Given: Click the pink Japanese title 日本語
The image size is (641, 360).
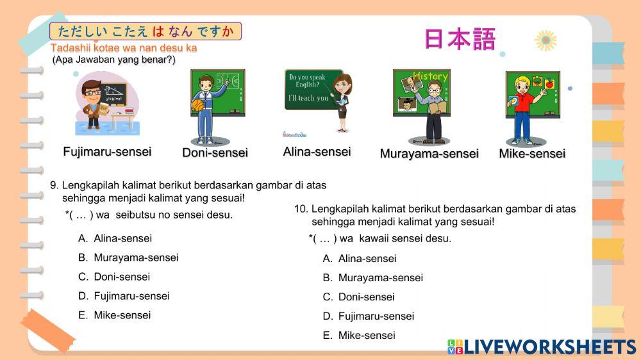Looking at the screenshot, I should tap(460, 39).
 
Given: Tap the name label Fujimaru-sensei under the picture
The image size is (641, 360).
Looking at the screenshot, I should tap(107, 152).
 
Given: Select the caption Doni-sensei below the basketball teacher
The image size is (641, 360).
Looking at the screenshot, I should tap(215, 152).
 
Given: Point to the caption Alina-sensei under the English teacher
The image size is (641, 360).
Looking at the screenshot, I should tap(317, 152).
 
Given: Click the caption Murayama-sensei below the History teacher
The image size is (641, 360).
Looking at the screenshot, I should tap(429, 154).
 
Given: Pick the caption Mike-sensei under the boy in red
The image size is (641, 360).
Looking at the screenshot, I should tap(532, 154).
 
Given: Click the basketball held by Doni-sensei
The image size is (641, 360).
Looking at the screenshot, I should tap(197, 104).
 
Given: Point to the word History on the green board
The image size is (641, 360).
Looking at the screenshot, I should tap(430, 77).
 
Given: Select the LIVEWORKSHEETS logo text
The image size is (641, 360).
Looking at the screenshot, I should tap(549, 347).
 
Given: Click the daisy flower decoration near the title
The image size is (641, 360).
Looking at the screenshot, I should tap(545, 40).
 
